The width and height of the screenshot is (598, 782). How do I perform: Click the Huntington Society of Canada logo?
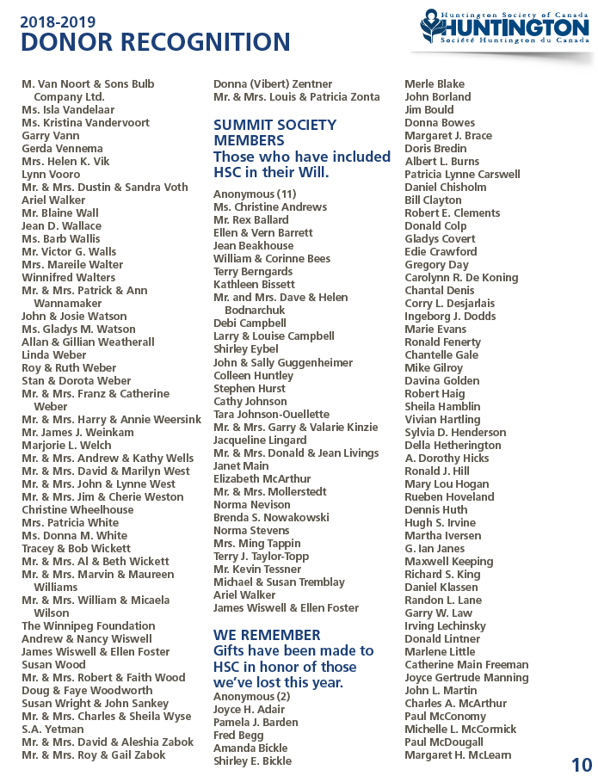point(503,28)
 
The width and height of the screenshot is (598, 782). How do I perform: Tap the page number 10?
point(581,765)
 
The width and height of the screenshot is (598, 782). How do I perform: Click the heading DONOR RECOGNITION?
point(155,42)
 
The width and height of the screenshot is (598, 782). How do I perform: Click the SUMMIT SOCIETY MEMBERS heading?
point(274,132)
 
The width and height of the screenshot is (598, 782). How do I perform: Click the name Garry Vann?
point(50,136)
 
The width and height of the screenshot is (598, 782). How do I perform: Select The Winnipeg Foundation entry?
point(88,626)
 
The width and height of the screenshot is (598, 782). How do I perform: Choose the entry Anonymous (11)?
point(255,194)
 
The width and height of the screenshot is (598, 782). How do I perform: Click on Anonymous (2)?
point(252,697)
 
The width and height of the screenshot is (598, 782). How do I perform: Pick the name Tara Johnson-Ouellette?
point(271,415)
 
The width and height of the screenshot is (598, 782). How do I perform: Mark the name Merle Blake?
point(435,84)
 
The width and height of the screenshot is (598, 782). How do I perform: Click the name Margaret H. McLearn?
point(458,755)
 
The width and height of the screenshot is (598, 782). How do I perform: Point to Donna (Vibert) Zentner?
point(273,84)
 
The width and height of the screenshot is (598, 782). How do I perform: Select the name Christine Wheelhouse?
point(77,510)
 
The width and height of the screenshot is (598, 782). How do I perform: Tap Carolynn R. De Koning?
point(461,278)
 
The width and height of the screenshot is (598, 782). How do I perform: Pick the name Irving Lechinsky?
point(445,626)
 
